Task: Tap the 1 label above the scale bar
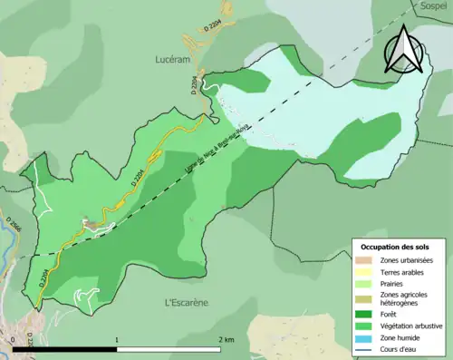117,339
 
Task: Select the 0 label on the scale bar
14,339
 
